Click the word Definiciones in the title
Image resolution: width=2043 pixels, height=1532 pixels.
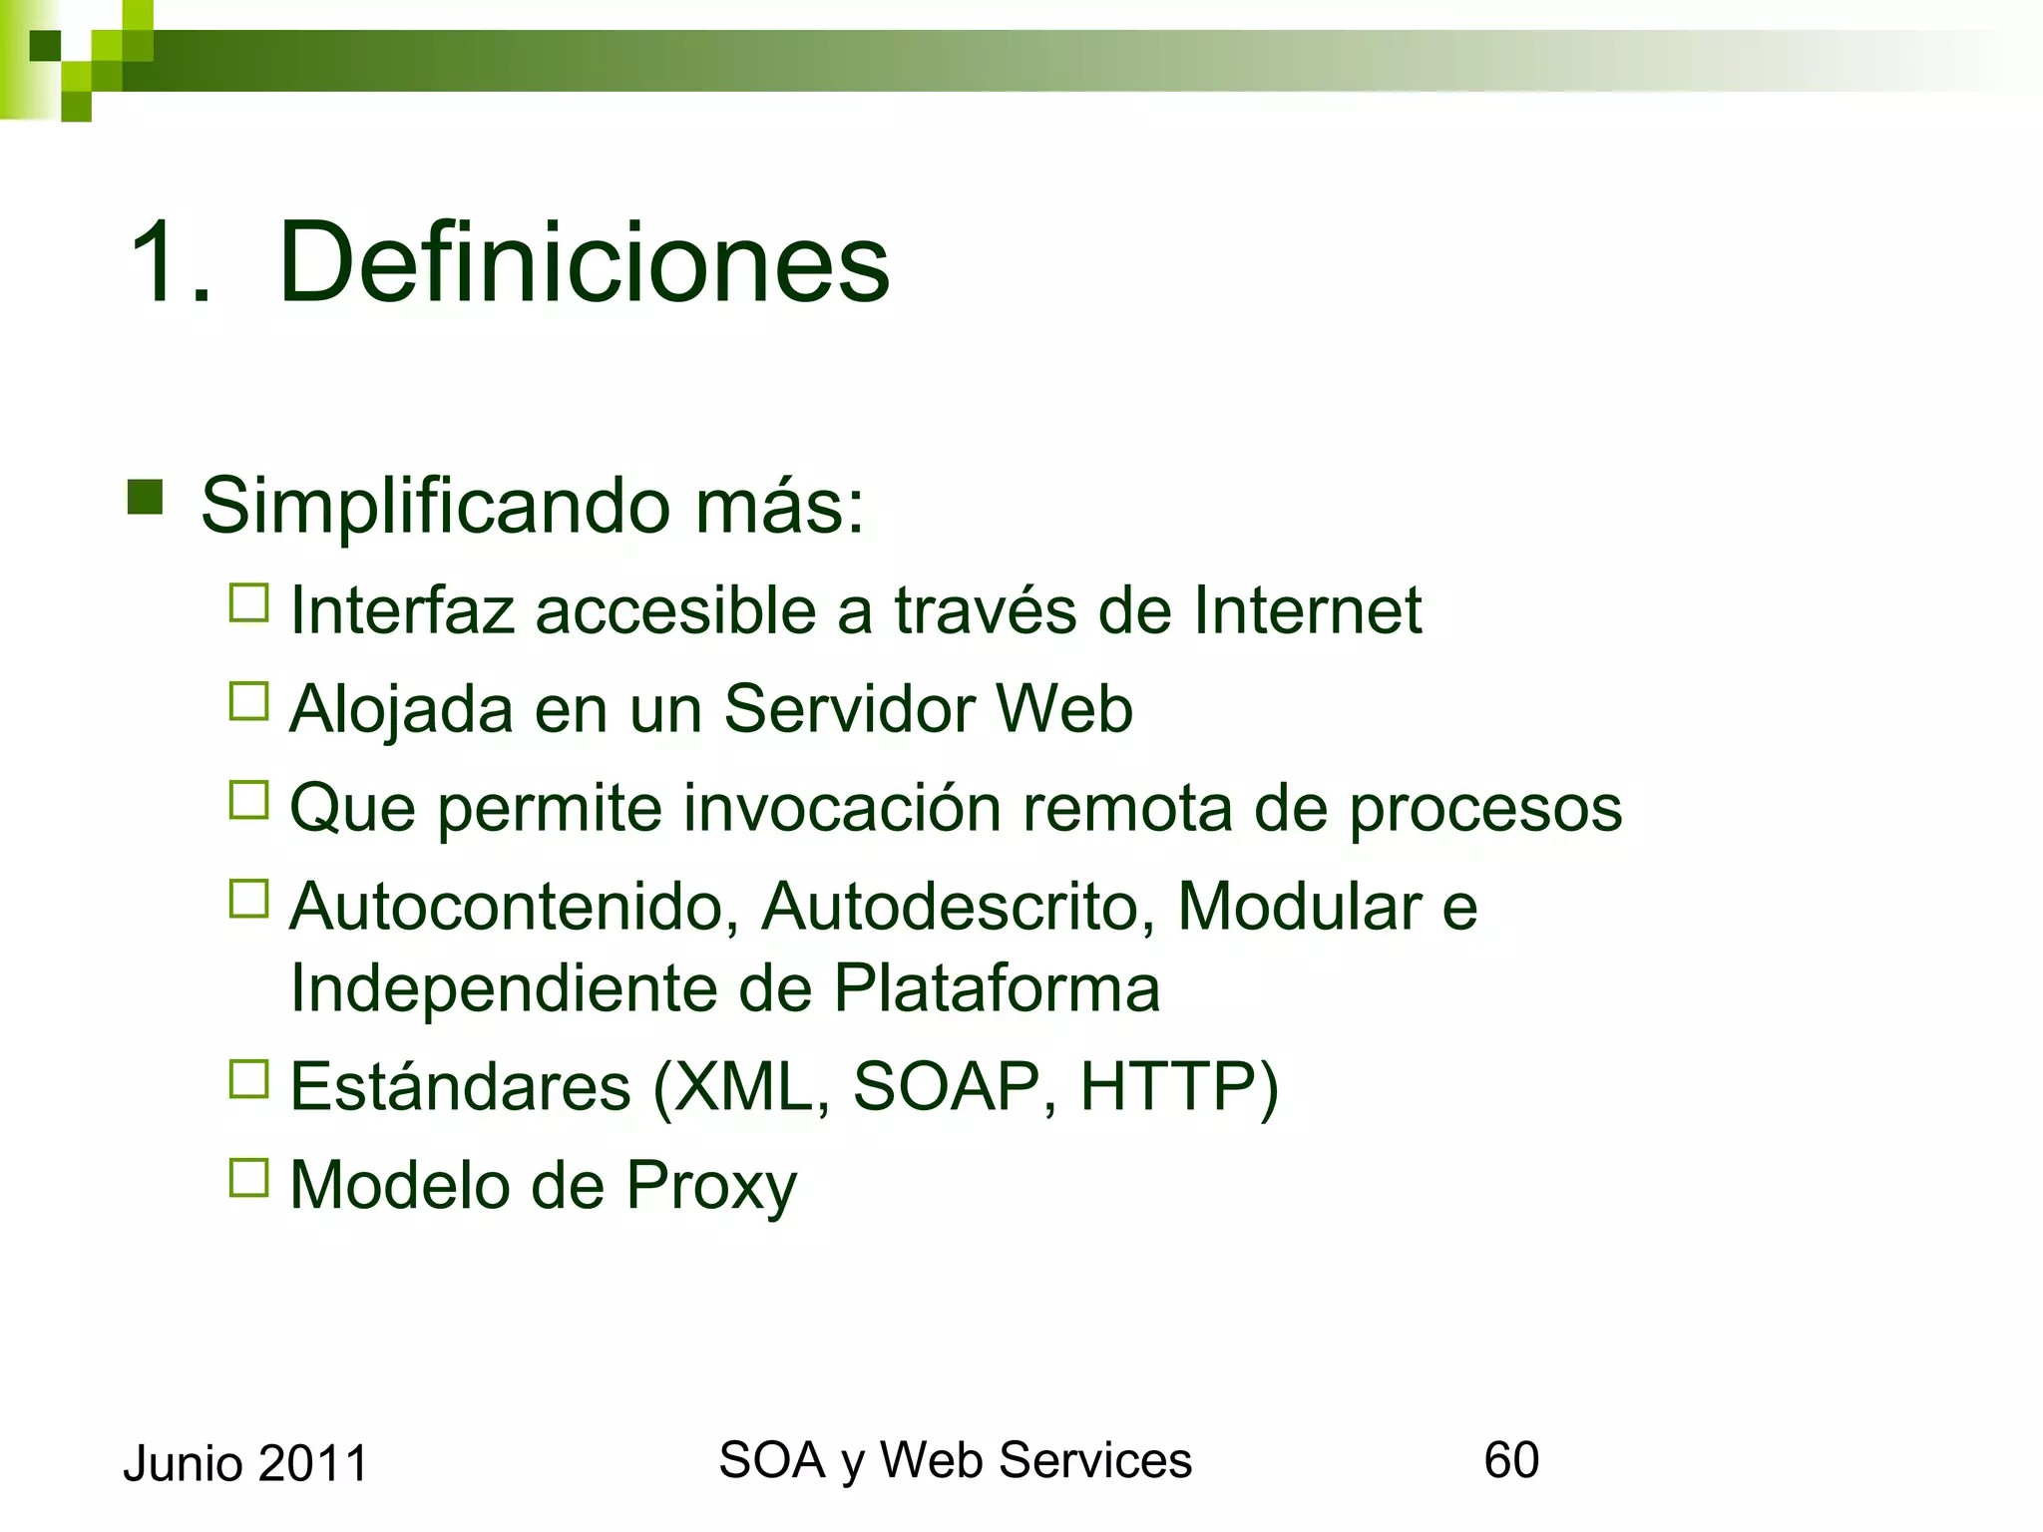[x=584, y=262]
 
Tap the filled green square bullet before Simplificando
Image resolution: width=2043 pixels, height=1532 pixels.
[x=146, y=497]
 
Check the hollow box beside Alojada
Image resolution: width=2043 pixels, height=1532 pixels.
[x=249, y=701]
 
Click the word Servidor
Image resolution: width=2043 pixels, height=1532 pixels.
[x=849, y=708]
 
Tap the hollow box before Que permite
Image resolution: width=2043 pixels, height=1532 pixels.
[x=249, y=800]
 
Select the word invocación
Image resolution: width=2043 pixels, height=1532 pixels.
[x=842, y=807]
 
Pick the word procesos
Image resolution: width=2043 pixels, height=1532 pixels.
[x=1485, y=809]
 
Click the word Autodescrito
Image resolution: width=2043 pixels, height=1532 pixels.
[x=959, y=907]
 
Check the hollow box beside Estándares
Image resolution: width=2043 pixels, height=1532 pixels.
[x=249, y=1079]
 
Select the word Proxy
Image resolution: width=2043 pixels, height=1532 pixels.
[x=711, y=1187]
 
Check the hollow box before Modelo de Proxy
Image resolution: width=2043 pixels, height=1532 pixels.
[x=249, y=1178]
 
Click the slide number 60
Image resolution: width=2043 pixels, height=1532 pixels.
[x=1511, y=1460]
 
